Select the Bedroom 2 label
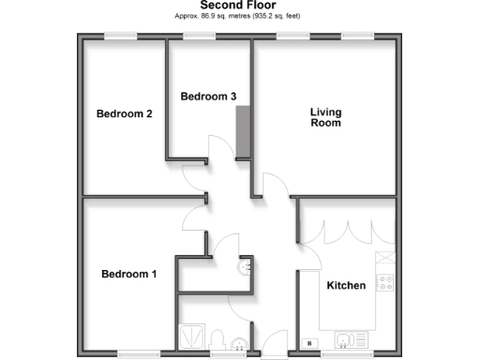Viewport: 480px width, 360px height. [x=125, y=114]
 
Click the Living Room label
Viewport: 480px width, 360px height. [x=326, y=117]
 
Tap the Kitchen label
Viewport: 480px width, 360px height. [x=346, y=285]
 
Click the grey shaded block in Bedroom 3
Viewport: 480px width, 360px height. [x=244, y=130]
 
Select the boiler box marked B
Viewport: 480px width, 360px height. [x=309, y=343]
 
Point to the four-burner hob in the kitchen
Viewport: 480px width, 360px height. [x=384, y=280]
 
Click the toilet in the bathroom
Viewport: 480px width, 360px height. [x=216, y=339]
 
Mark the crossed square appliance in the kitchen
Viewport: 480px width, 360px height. [x=384, y=257]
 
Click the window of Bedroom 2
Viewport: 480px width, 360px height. [x=121, y=37]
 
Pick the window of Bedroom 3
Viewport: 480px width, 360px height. [x=200, y=37]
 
